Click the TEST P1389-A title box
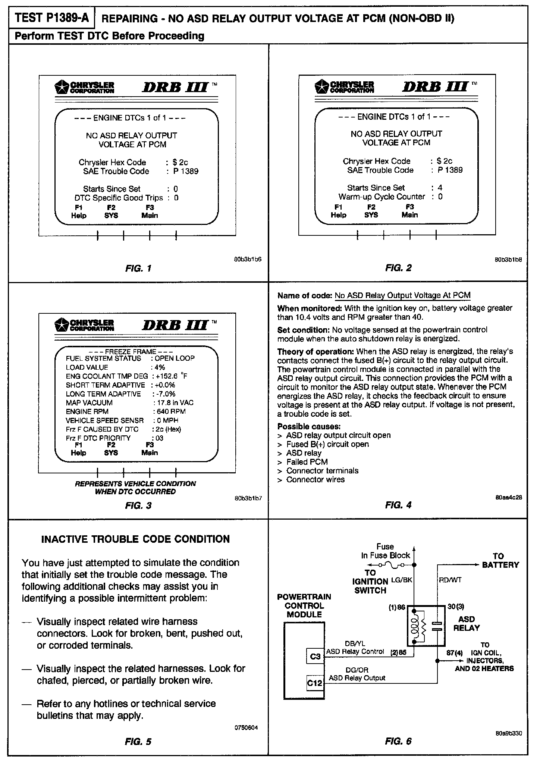click(52, 18)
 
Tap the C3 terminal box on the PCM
click(315, 656)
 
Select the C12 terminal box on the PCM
click(314, 683)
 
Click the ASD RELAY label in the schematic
click(466, 623)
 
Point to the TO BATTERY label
click(500, 560)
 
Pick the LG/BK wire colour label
click(401, 580)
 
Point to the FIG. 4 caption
click(398, 505)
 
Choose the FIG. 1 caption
click(138, 268)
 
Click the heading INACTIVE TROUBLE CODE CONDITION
click(135, 539)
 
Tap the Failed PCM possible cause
click(307, 462)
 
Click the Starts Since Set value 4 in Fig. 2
click(440, 188)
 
